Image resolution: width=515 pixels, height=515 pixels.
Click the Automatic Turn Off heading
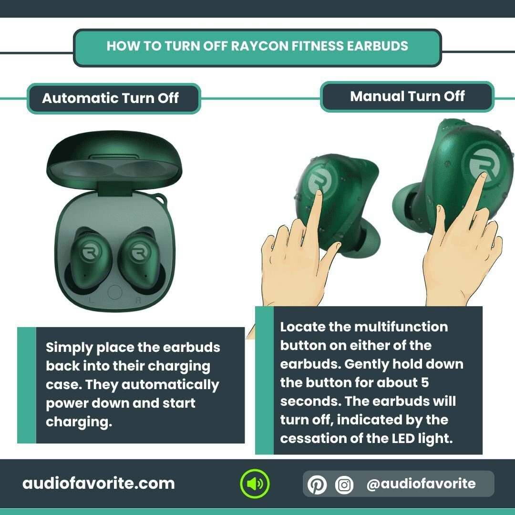[x=110, y=98]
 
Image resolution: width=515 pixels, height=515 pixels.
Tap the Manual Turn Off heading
[x=407, y=96]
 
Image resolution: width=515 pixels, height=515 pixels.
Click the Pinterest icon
[x=317, y=484]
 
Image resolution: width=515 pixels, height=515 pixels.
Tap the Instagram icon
[x=344, y=484]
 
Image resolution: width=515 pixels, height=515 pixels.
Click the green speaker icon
[x=255, y=484]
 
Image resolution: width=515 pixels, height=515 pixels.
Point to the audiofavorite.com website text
[x=98, y=484]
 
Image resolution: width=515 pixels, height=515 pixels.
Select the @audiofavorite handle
[x=421, y=484]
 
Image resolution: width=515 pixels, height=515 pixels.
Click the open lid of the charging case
[x=114, y=162]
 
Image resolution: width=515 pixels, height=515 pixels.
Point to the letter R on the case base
[x=138, y=301]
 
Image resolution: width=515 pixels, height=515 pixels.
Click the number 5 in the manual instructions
[x=425, y=382]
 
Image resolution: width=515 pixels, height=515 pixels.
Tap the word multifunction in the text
[x=401, y=327]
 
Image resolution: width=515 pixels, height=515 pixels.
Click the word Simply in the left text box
[x=69, y=347]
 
